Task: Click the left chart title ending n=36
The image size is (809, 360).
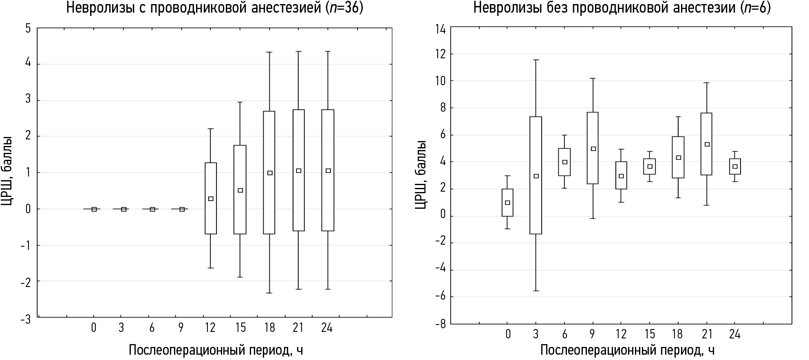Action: click(x=214, y=8)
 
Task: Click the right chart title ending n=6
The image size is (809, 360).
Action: click(x=622, y=8)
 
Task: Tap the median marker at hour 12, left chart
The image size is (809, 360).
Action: click(x=211, y=199)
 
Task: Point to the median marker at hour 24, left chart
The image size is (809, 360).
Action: click(x=328, y=171)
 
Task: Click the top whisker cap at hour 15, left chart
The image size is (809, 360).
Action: click(x=240, y=102)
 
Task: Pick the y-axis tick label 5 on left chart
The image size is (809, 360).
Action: click(x=28, y=29)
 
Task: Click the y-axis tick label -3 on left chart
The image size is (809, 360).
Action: click(x=25, y=319)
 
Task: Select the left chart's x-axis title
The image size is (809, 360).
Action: click(x=216, y=350)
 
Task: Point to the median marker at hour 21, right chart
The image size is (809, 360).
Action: click(x=707, y=144)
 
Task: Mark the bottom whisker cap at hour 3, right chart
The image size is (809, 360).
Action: click(x=536, y=291)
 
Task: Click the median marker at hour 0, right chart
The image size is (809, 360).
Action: click(x=507, y=203)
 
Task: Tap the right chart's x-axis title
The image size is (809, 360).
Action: click(x=628, y=350)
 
